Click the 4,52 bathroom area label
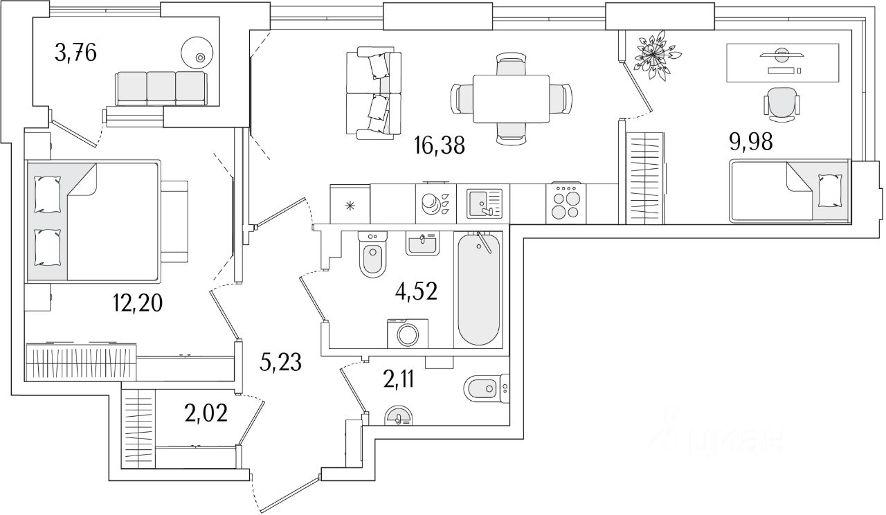(415, 291)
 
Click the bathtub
(478, 289)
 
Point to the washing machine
(407, 334)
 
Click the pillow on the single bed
(829, 190)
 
